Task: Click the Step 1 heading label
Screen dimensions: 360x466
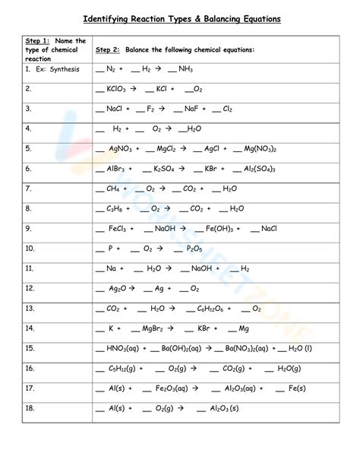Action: tap(37, 40)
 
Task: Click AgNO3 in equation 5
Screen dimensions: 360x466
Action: tap(122, 149)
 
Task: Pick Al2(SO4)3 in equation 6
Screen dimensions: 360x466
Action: tap(260, 169)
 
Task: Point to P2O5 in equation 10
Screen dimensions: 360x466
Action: tap(194, 249)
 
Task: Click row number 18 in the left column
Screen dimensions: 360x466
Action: tap(30, 408)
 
